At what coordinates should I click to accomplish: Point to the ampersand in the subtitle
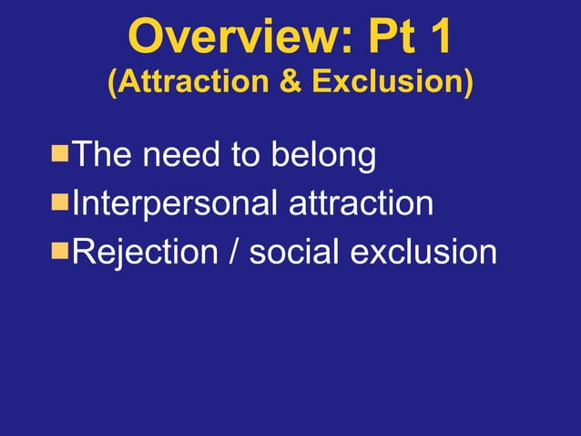[x=291, y=83]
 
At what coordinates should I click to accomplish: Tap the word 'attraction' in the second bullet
[x=361, y=203]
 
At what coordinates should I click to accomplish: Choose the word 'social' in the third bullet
[x=292, y=252]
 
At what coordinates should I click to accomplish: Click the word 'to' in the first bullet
[x=242, y=155]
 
